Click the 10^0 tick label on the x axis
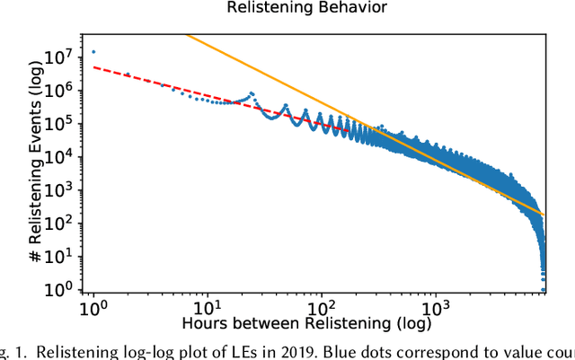[93, 306]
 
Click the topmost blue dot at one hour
[93, 52]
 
